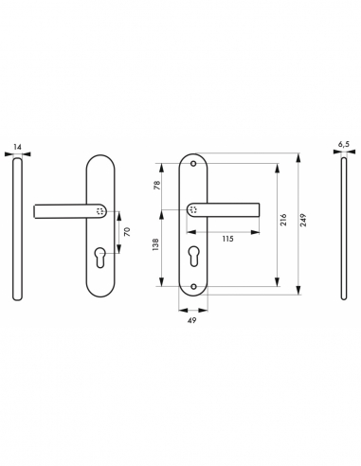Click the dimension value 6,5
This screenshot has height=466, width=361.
pyautogui.click(x=344, y=147)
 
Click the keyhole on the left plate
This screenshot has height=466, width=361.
pyautogui.click(x=105, y=254)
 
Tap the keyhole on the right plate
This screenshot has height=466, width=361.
pyautogui.click(x=196, y=254)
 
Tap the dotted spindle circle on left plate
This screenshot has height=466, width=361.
pyautogui.click(x=101, y=210)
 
